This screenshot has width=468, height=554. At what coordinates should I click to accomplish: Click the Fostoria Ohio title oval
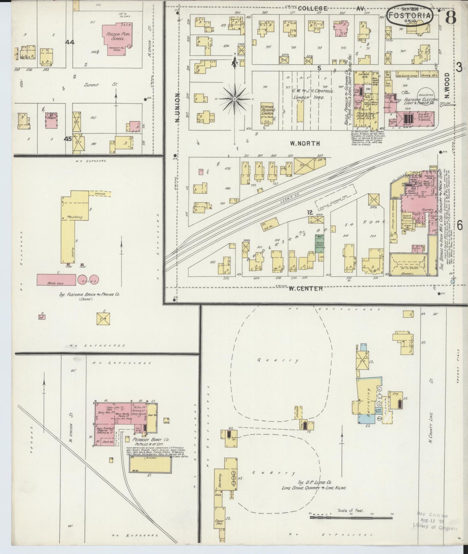point(410,16)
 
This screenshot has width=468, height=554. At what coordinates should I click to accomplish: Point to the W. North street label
point(305,143)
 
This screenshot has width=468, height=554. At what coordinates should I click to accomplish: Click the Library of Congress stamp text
point(435,528)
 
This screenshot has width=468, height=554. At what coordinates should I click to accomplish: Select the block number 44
point(70,42)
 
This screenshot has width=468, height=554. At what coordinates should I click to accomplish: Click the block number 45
point(68,139)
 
